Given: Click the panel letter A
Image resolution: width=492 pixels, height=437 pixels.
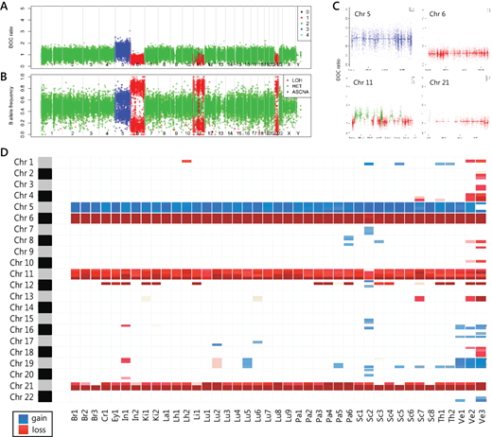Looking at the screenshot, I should tap(7, 7).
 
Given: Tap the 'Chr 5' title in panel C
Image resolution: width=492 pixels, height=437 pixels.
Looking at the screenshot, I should tap(364, 16).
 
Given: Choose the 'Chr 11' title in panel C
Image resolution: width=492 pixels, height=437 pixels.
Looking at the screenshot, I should tap(366, 84).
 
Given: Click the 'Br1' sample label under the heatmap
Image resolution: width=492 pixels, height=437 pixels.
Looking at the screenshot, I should tap(75, 414).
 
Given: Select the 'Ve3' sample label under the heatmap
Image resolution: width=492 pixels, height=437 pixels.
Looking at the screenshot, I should tap(482, 414).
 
